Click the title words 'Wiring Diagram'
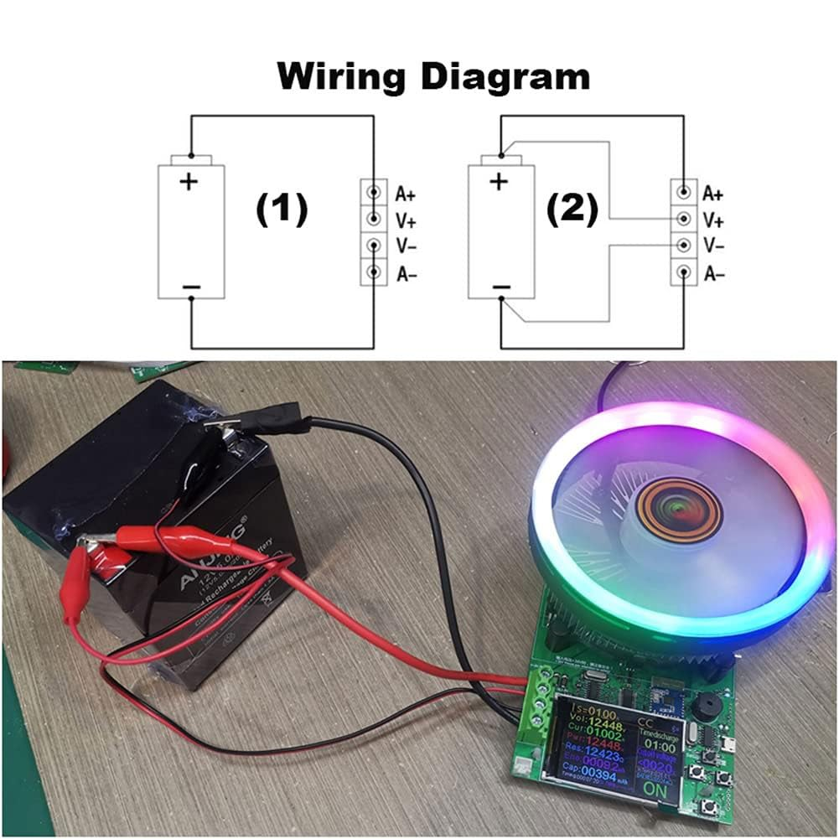tap(433, 76)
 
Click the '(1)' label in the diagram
tap(282, 210)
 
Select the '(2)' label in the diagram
tap(572, 210)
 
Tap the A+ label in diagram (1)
tap(406, 194)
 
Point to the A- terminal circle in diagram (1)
tap(374, 272)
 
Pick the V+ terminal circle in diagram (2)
tap(684, 220)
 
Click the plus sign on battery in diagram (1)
tap(189, 180)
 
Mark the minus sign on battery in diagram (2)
tap(500, 287)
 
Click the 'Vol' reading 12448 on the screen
tap(603, 723)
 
